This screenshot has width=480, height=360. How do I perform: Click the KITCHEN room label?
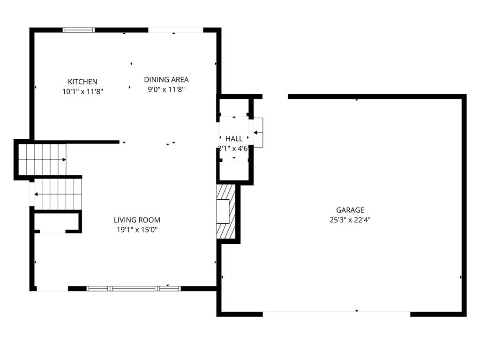coord(82,82)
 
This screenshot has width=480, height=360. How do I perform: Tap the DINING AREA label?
coord(166,80)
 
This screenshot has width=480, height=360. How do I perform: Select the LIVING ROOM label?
coord(137,220)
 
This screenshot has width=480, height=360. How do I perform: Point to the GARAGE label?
coord(350,210)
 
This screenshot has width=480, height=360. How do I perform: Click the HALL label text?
coord(234,139)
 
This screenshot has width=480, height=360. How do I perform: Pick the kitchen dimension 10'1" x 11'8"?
coord(82,91)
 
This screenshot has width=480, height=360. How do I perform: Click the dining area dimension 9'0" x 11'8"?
coord(166,90)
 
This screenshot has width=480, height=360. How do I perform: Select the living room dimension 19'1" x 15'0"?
coord(137,230)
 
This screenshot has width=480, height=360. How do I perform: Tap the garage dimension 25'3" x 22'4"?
coord(350,220)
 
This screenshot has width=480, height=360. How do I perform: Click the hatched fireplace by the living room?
coord(226,211)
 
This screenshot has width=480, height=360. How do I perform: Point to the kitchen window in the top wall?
coord(79,30)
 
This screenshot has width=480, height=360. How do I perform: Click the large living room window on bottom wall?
coord(134,288)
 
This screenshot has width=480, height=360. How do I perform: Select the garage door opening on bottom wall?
coord(337,314)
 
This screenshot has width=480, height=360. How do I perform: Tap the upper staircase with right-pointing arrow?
coord(42,159)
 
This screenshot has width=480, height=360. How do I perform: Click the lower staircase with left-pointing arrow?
coord(58,194)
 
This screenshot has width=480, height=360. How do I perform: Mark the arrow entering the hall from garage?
coord(258,133)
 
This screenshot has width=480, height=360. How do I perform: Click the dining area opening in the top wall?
coord(176,30)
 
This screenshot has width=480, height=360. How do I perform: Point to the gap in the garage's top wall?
coord(275,97)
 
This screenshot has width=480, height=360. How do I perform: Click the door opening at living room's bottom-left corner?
coord(52,288)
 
